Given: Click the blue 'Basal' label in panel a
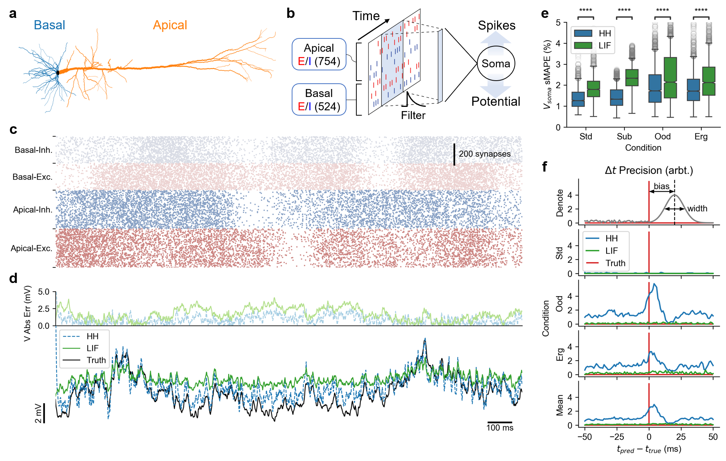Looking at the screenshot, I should point(49,25).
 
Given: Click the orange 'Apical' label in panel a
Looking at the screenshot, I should point(170,25).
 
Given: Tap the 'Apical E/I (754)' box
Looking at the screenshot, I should point(319,54).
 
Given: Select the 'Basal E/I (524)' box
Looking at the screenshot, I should point(319,100).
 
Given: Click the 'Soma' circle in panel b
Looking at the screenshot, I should point(496,64).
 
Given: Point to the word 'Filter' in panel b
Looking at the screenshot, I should point(413,115).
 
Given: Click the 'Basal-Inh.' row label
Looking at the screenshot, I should point(33,150).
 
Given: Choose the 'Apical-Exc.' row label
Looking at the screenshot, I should point(32,248).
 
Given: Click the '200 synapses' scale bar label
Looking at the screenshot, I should point(485,154).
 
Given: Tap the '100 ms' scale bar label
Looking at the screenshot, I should point(500,428).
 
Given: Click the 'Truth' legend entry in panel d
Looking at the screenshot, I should point(96,360).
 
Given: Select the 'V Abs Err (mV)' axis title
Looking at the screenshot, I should point(27,313).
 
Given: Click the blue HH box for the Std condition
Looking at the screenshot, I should point(578,99).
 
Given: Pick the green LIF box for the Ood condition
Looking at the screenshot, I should point(670,78).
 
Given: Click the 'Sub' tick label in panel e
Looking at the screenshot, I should point(624,137).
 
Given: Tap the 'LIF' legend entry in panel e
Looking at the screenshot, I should point(604,46).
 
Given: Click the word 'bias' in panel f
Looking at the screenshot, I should point(661,186).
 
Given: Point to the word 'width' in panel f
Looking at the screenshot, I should point(697,208).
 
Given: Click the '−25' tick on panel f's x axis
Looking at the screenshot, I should point(616,437).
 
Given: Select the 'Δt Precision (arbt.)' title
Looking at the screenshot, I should point(649,170).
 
